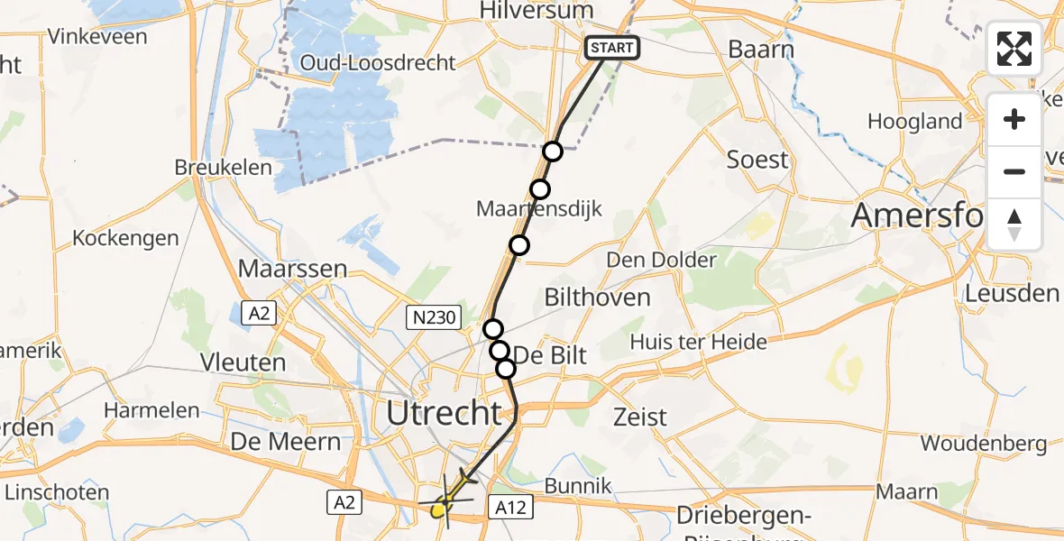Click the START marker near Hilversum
click(613, 47)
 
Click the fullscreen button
click(1014, 49)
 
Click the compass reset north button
click(1014, 225)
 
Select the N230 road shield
click(434, 316)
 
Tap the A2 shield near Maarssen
click(259, 313)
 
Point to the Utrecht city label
click(444, 413)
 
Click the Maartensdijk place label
click(539, 209)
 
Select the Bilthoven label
click(597, 297)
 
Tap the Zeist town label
click(640, 417)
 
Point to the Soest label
click(757, 160)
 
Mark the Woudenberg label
click(984, 443)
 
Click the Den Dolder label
click(662, 261)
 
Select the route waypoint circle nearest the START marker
click(553, 151)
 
